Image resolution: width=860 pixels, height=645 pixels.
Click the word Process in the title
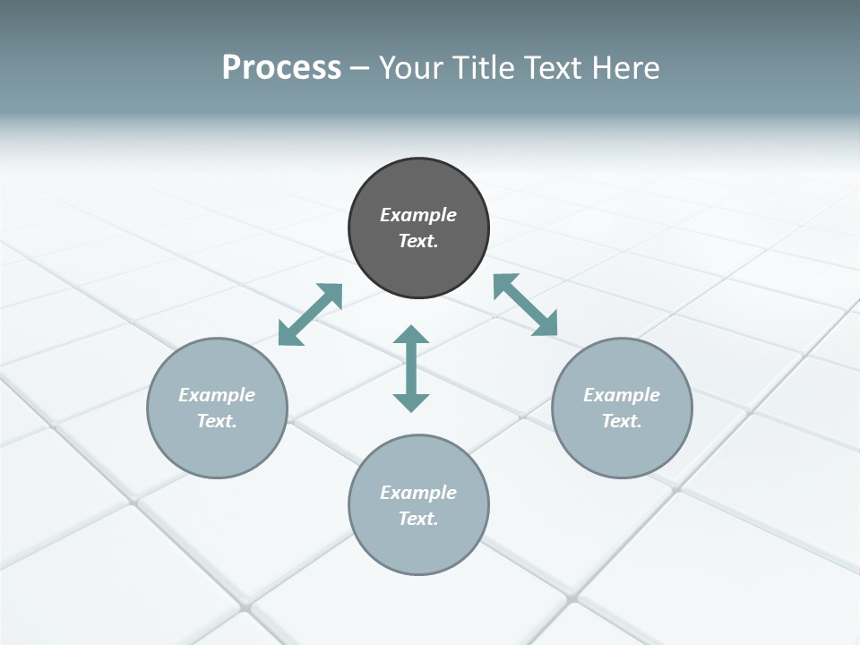tap(281, 68)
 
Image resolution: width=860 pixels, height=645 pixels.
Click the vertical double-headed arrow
tap(411, 368)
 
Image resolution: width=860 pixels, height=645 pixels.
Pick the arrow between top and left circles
tap(310, 314)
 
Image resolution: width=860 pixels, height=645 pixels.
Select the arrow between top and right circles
tap(525, 305)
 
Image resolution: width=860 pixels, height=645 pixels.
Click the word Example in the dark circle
tap(418, 215)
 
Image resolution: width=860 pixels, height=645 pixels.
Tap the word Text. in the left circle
tap(217, 421)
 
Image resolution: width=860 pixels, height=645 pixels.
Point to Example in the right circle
tap(622, 395)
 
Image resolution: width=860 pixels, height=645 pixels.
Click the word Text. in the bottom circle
tap(418, 519)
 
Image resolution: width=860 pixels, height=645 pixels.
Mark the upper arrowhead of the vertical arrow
tap(411, 335)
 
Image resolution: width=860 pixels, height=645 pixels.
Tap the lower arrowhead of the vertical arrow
tap(411, 402)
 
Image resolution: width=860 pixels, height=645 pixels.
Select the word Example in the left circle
tap(217, 395)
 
